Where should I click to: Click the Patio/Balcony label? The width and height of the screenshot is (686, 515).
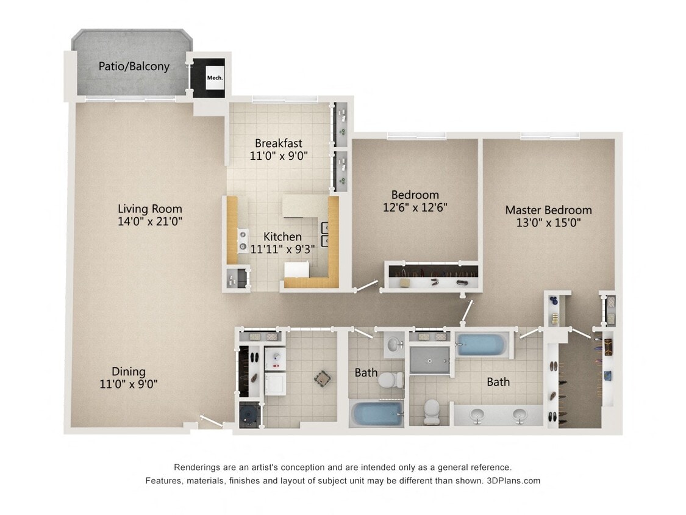pos(134,66)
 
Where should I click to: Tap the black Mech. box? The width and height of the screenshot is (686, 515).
pos(215,77)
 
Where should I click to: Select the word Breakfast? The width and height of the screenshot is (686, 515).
pos(278,143)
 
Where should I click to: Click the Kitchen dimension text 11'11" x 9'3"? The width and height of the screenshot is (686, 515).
pos(282,249)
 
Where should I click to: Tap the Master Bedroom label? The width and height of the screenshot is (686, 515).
pos(548,210)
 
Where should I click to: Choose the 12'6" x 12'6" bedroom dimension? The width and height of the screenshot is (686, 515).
pos(415,207)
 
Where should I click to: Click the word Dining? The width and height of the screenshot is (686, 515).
pos(129,372)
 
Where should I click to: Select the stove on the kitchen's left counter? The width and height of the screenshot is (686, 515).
pos(243,240)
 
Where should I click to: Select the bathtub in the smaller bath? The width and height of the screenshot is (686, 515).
pos(376,414)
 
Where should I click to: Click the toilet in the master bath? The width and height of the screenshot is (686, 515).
pos(432,411)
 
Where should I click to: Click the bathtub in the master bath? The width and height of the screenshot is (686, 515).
pos(481,345)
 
